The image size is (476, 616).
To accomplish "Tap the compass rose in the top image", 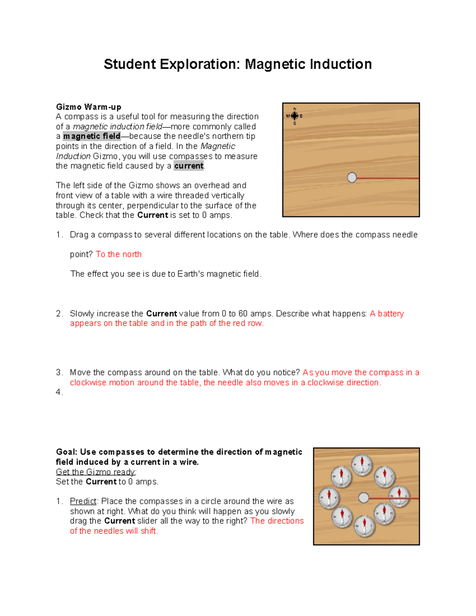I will (x=294, y=116).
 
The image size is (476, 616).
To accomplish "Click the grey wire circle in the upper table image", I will (x=352, y=177).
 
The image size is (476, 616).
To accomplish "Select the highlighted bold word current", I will (x=188, y=166).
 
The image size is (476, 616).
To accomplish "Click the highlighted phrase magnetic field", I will (x=92, y=136).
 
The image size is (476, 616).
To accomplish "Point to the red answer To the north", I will (x=119, y=254).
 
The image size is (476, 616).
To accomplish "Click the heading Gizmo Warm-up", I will (x=88, y=107).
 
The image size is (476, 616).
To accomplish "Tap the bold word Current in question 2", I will (x=161, y=314).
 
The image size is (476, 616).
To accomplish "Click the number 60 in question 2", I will (x=243, y=314).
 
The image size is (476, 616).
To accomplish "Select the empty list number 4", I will (x=59, y=392).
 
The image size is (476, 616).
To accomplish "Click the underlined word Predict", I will (x=83, y=501).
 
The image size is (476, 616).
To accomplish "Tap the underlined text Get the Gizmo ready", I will (x=96, y=472).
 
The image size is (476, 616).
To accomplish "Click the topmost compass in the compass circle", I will (x=362, y=464).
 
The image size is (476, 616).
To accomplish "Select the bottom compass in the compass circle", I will (x=364, y=526).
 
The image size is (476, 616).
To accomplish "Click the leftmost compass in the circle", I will (x=329, y=497).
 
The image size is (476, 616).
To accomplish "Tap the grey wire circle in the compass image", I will (x=363, y=497).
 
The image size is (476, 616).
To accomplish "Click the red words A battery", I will (x=387, y=314).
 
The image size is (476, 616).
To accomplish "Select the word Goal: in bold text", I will (x=67, y=452).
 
